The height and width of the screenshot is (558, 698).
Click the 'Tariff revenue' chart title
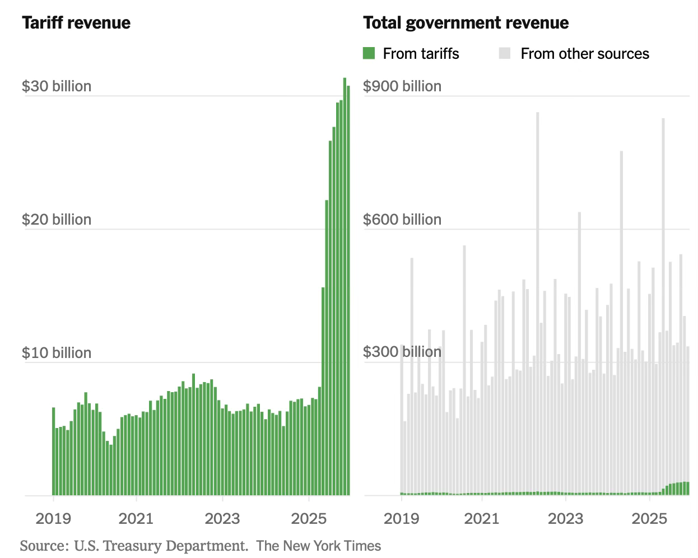76,23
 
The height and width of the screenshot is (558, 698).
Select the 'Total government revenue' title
466,23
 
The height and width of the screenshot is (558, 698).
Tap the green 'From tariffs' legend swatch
369,54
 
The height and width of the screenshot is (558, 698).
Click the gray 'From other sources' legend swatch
504,54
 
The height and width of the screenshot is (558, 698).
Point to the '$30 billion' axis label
56,86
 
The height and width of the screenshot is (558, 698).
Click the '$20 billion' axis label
56,220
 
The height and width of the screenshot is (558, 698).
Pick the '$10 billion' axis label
56,353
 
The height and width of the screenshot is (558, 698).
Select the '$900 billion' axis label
402,86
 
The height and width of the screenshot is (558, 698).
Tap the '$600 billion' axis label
402,220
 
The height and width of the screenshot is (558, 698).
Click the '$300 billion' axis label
402,352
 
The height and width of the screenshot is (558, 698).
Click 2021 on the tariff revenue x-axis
136,518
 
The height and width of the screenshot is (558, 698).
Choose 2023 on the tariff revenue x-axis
222,518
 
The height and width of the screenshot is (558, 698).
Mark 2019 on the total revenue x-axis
401,518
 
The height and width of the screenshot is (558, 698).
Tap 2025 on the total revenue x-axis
649,518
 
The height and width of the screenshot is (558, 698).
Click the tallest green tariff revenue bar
345,286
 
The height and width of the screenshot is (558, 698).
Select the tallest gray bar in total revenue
537,303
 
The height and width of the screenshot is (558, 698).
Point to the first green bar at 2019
54,451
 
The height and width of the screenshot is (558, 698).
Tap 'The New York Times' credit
318,546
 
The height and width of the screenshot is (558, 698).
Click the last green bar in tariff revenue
348,291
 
